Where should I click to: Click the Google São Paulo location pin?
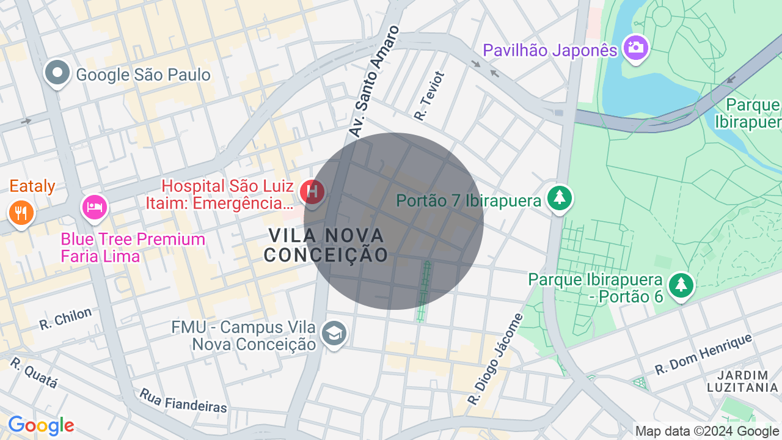point(57,73)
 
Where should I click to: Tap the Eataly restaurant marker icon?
point(21,213)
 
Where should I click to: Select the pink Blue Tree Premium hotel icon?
point(95,206)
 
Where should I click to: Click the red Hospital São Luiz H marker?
point(313,192)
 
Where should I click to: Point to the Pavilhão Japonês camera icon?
point(635,46)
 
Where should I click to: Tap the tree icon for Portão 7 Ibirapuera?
point(558,197)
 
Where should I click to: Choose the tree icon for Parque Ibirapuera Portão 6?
point(681,285)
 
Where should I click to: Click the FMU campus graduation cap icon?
point(334,333)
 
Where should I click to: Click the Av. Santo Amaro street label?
point(374,81)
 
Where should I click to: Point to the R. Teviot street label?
point(430,95)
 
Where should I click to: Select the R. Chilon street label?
point(65,318)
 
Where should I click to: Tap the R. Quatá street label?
point(34,373)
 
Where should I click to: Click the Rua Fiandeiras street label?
point(183,400)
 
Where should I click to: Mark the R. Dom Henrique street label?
point(703,354)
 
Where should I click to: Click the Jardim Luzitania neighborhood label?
point(742,381)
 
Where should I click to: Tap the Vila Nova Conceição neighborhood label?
point(327,244)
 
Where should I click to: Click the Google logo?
point(41,426)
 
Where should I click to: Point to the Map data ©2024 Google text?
point(707,431)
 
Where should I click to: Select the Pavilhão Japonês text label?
point(550,50)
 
